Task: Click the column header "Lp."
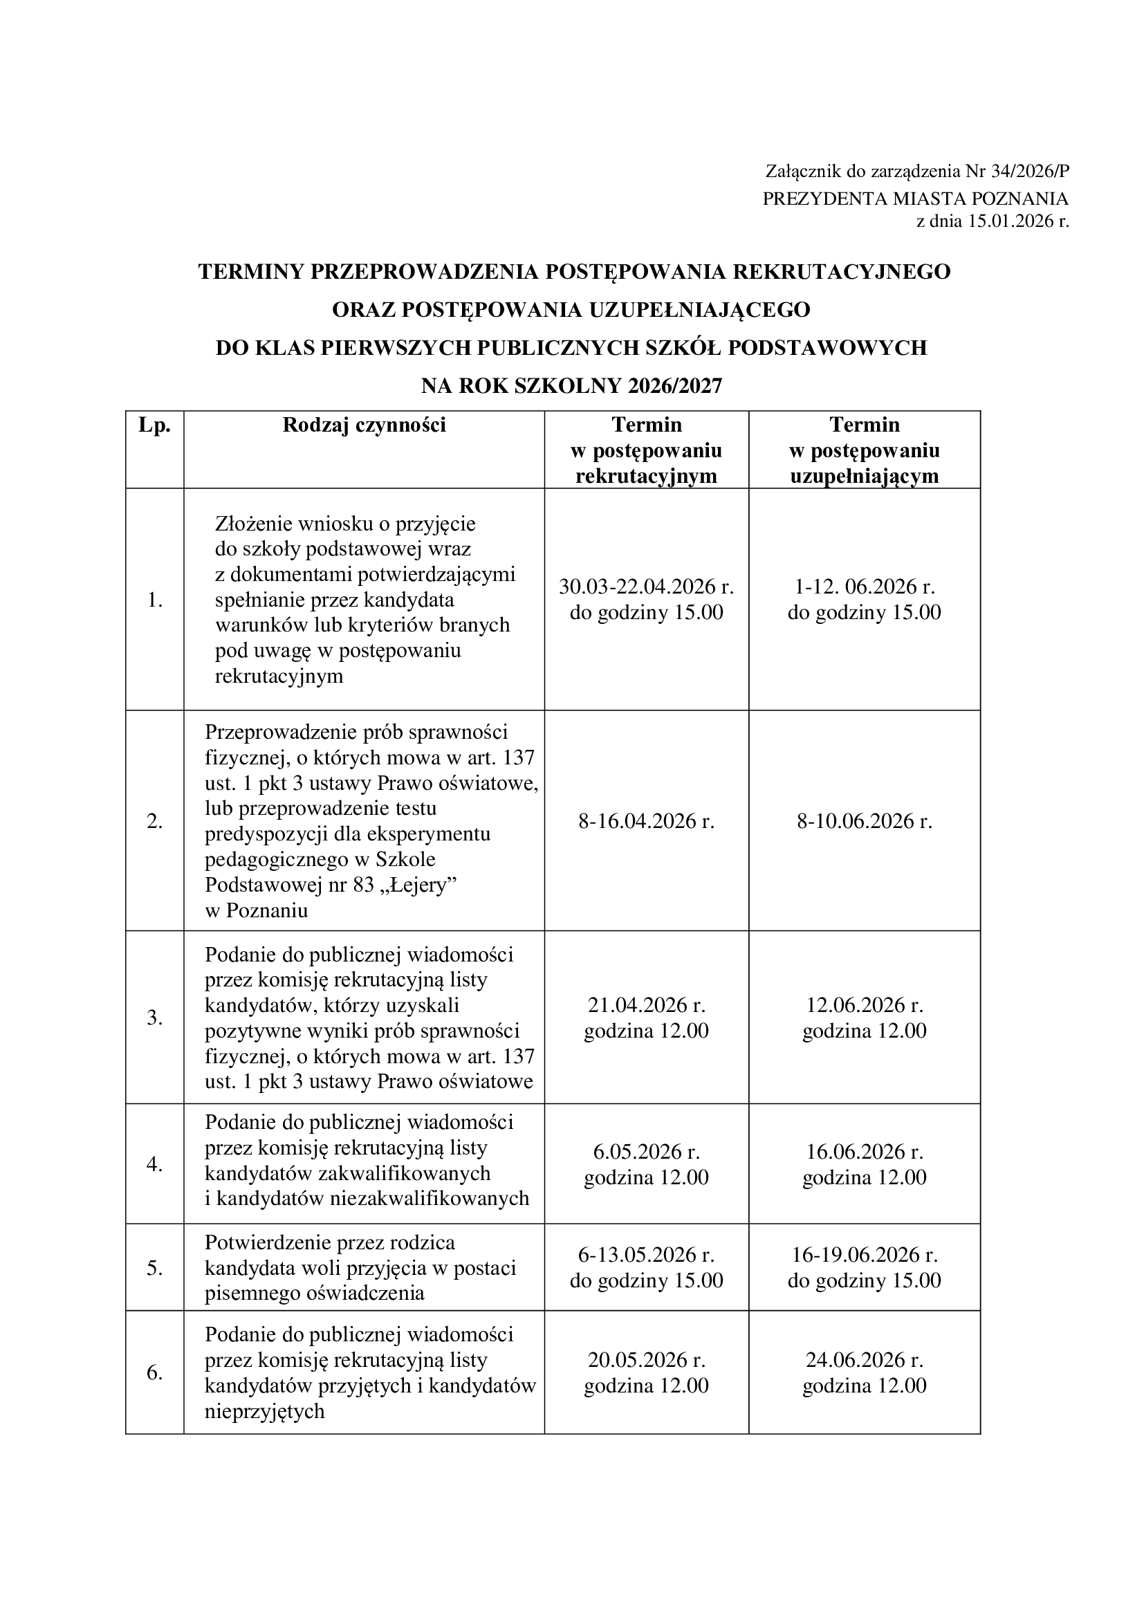click(x=155, y=425)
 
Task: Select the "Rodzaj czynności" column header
click(x=365, y=425)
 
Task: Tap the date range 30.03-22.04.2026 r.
click(x=646, y=587)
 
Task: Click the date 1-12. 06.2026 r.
click(x=865, y=587)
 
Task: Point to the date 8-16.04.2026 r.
click(x=646, y=821)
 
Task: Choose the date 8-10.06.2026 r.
click(x=865, y=821)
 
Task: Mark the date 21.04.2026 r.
click(x=646, y=1004)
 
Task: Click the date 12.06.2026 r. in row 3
click(x=865, y=1004)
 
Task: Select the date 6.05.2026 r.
click(x=646, y=1152)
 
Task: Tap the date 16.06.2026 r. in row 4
click(x=865, y=1152)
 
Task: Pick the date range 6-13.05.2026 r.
click(x=646, y=1254)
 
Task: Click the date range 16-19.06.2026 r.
click(x=865, y=1254)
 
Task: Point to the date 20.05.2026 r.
click(x=646, y=1359)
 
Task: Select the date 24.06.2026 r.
click(x=865, y=1359)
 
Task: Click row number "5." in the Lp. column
click(x=155, y=1268)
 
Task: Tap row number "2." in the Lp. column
click(x=155, y=821)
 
